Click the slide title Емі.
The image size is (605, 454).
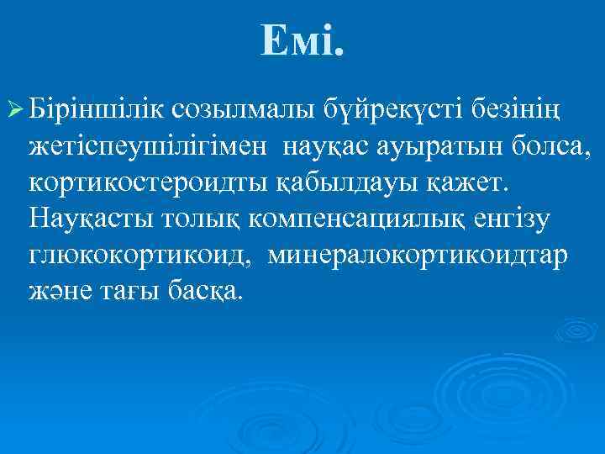302,40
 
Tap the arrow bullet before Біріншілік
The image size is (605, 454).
15,108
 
